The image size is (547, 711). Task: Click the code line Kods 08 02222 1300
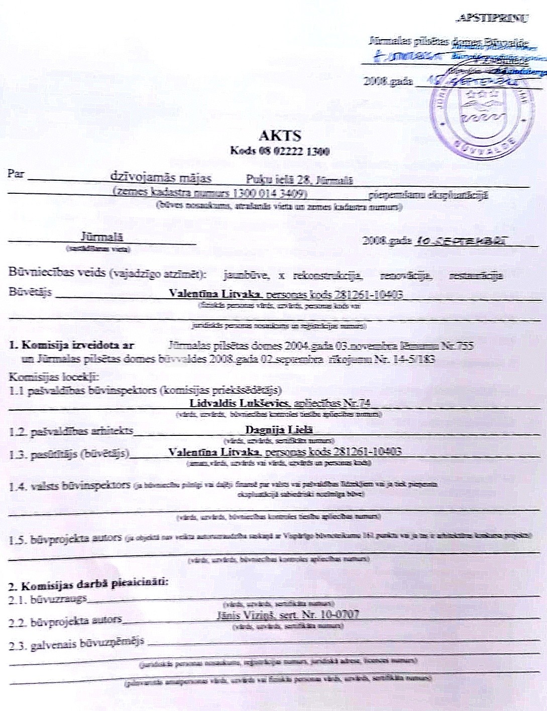click(279, 151)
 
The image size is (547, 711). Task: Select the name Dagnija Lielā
click(279, 430)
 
